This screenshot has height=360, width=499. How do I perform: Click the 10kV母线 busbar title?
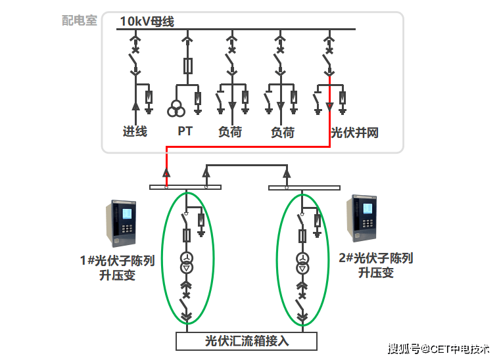(147, 22)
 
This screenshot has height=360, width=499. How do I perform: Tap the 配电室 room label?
(80, 20)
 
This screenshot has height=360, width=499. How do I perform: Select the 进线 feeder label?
(135, 131)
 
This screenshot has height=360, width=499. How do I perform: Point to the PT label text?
(185, 131)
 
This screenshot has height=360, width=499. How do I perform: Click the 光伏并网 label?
(354, 132)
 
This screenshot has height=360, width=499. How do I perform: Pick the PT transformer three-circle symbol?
(176, 108)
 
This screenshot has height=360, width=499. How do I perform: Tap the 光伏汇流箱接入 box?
(247, 341)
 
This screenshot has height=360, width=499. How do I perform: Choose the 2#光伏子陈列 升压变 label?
(376, 265)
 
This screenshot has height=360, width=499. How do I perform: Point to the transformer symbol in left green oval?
(187, 262)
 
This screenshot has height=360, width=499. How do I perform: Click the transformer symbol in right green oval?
(302, 262)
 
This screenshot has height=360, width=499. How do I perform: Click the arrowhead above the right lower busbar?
(286, 174)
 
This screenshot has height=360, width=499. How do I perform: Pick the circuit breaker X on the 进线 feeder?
(135, 49)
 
